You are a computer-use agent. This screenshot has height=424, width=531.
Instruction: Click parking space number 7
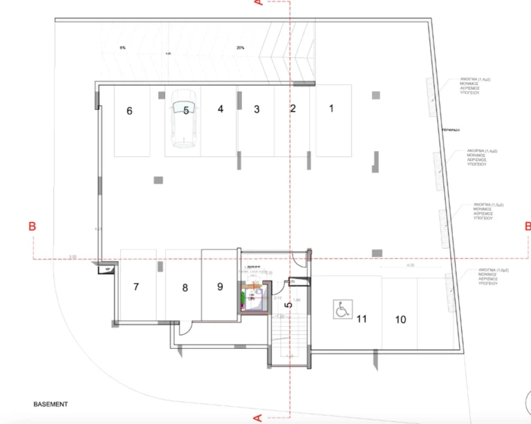(x=136, y=287)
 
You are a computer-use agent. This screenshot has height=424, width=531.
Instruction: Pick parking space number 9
(x=220, y=286)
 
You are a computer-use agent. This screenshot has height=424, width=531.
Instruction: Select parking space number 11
(x=361, y=319)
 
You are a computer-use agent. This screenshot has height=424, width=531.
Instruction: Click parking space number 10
(x=400, y=319)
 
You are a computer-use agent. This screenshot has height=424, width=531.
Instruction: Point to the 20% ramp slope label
(x=240, y=48)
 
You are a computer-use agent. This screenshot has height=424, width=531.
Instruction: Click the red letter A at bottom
(x=258, y=417)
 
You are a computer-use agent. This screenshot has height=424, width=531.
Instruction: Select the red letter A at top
(x=258, y=4)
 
